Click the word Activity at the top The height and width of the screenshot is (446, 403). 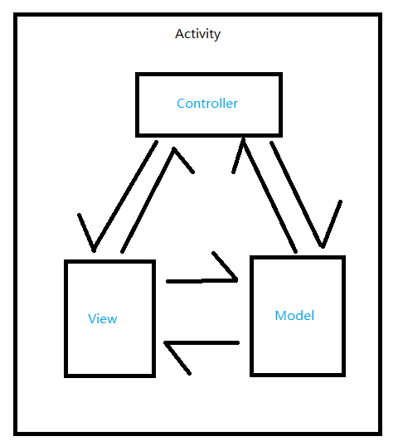click(x=198, y=34)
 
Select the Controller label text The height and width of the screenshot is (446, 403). click(x=207, y=104)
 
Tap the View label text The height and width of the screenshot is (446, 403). click(x=103, y=318)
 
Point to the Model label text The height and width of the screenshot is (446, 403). click(x=294, y=316)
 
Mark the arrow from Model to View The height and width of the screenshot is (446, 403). click(x=203, y=342)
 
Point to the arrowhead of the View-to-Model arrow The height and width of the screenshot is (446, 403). click(x=229, y=270)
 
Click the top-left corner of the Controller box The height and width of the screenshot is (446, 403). click(x=137, y=75)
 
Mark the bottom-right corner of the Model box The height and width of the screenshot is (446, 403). click(x=342, y=375)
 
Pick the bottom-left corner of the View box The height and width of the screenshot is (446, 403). click(x=66, y=376)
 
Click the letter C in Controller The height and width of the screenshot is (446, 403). click(x=181, y=104)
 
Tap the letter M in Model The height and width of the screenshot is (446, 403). click(x=279, y=316)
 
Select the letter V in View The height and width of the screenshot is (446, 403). click(x=92, y=318)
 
